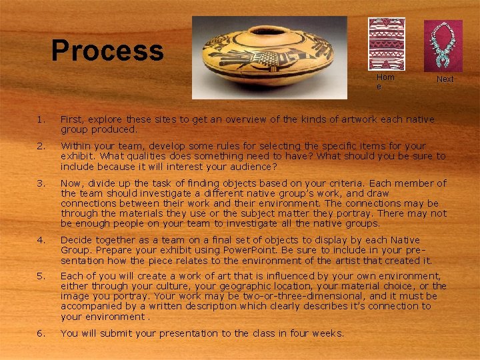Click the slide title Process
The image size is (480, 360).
click(x=107, y=51)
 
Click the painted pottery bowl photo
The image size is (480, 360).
click(x=269, y=57)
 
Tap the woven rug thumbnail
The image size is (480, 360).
click(x=387, y=44)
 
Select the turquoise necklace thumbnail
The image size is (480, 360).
click(x=443, y=45)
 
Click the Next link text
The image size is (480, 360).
click(x=445, y=79)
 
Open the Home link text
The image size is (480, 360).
click(x=385, y=81)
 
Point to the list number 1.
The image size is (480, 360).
click(x=41, y=120)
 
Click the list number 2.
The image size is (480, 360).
click(x=41, y=145)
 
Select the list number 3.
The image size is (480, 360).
click(x=41, y=183)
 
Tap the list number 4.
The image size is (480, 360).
click(x=41, y=239)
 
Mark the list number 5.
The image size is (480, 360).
click(x=41, y=276)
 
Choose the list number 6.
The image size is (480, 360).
click(x=41, y=333)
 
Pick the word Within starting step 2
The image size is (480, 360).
click(x=75, y=145)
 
